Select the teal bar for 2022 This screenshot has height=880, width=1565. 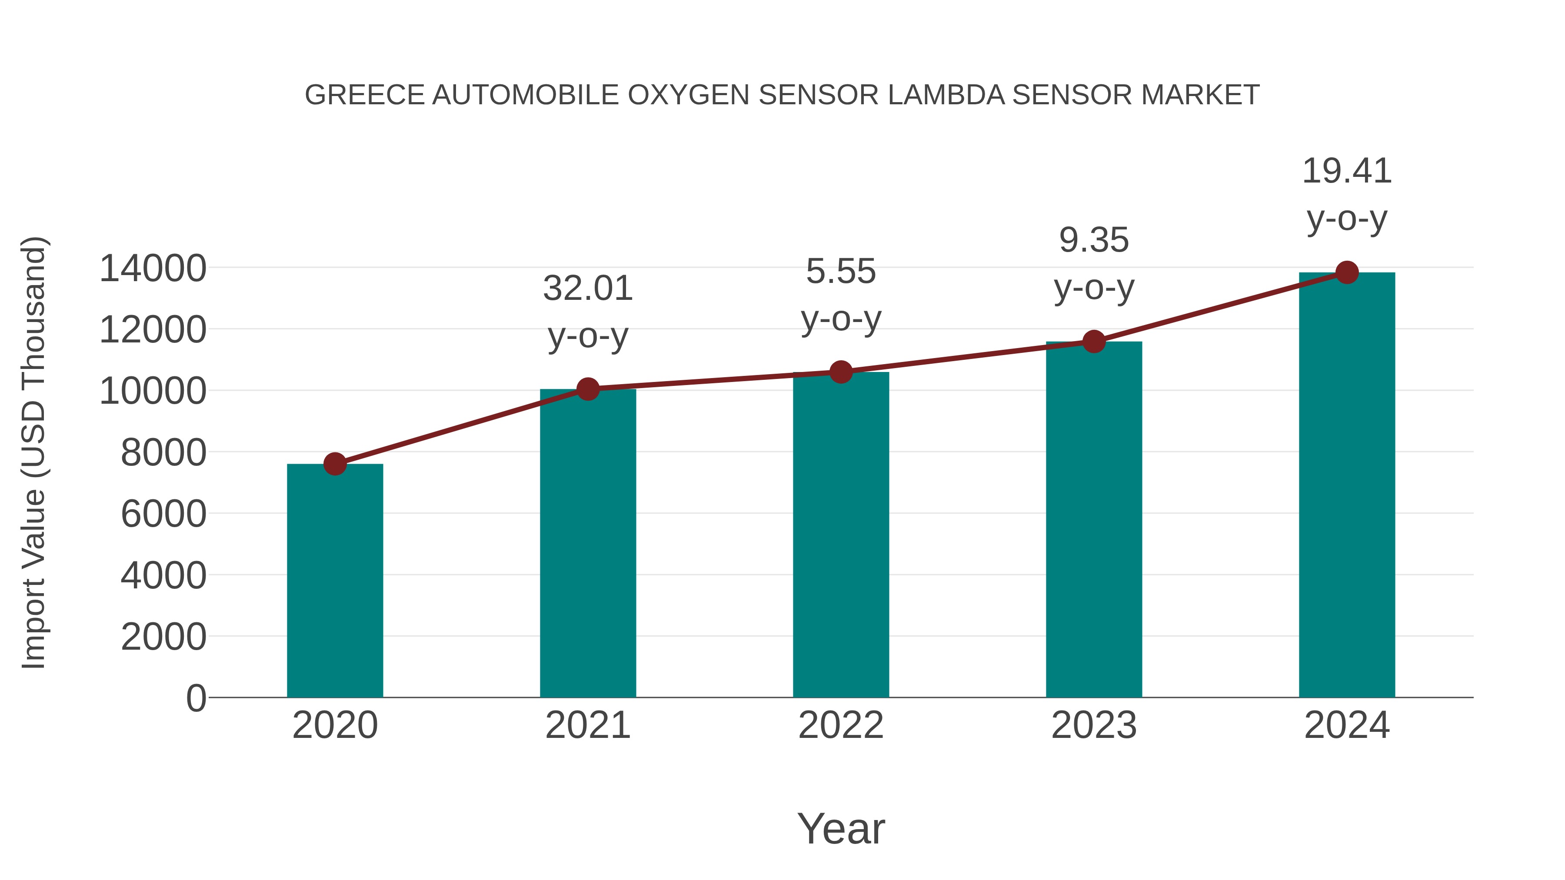841,535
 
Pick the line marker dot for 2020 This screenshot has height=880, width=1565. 335,464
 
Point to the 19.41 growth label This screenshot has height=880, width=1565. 1347,194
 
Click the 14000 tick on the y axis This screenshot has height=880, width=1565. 153,269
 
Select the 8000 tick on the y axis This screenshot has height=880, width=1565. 163,452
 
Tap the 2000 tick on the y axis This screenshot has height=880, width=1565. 163,637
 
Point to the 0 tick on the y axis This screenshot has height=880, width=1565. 196,698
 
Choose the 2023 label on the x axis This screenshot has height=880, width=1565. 1094,725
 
